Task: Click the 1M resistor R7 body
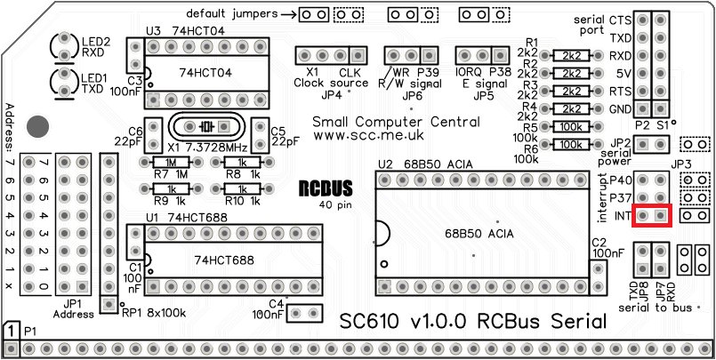click(168, 163)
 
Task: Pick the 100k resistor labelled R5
click(570, 126)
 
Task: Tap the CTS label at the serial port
click(620, 20)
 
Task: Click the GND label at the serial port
click(620, 108)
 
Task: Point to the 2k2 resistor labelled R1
click(570, 55)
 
